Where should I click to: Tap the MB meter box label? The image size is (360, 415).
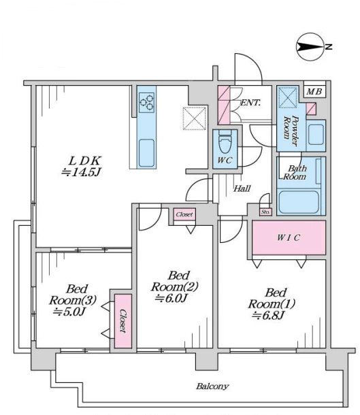click(314, 92)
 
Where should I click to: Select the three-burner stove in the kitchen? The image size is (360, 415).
click(146, 103)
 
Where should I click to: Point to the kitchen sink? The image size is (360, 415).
click(146, 153)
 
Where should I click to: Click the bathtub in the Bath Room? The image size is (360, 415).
click(299, 202)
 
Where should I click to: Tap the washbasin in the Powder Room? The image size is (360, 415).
click(316, 135)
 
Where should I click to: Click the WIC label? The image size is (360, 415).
click(289, 237)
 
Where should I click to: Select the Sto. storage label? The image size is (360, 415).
click(265, 212)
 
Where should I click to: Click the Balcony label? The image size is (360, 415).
click(212, 386)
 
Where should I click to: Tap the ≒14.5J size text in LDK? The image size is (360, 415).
click(81, 173)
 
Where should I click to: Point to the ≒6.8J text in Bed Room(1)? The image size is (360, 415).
click(268, 316)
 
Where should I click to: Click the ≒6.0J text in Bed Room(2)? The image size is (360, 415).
click(171, 298)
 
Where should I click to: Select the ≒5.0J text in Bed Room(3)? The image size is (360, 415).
click(69, 312)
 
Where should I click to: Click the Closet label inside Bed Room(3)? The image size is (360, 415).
click(122, 321)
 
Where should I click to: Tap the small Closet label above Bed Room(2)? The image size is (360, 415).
click(184, 214)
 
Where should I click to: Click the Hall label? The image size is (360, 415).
click(242, 188)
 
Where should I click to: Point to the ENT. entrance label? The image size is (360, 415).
click(250, 103)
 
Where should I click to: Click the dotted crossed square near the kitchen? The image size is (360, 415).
click(195, 118)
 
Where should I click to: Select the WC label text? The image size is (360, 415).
click(225, 160)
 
